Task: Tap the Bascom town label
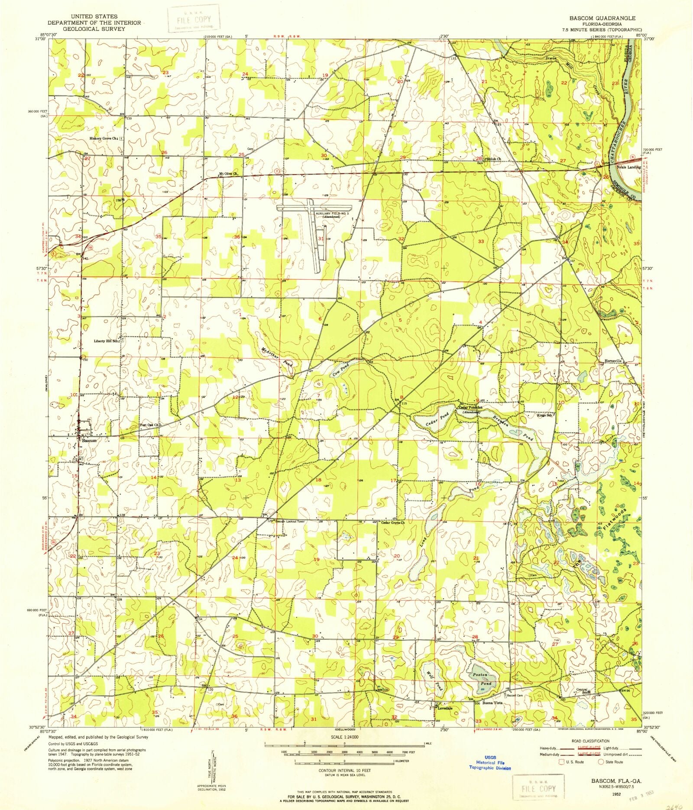click(86, 440)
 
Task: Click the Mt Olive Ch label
click(229, 174)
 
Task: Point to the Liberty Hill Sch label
click(106, 341)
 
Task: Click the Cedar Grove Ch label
click(392, 522)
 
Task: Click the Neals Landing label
click(631, 167)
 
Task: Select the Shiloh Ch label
click(493, 159)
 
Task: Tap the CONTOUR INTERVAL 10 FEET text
click(344, 771)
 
